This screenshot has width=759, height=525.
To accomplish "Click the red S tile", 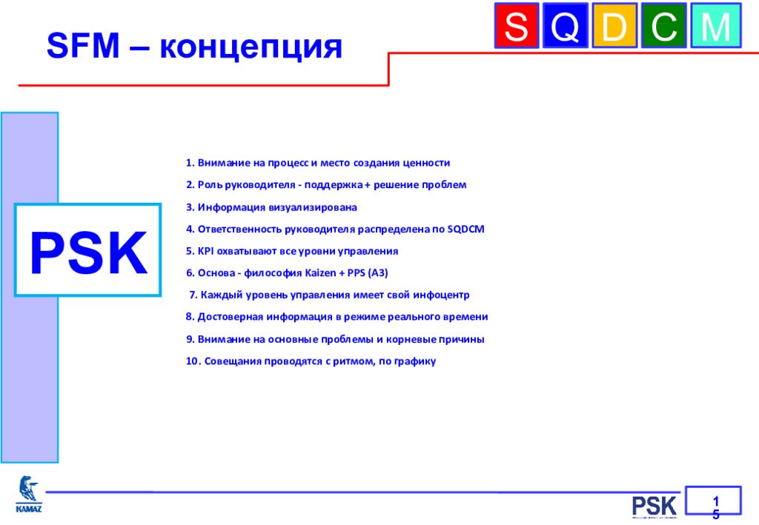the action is tap(517, 26).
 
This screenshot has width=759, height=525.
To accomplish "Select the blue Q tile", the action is tap(566, 26).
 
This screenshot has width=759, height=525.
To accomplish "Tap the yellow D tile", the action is tap(614, 26).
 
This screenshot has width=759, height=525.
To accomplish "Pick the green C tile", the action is tap(663, 26).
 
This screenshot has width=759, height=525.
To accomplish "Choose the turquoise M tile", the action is tap(716, 26).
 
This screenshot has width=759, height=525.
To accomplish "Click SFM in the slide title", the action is tap(83, 46).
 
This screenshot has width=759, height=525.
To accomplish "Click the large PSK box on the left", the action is tap(87, 250).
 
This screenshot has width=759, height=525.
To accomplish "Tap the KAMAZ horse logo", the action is tap(29, 494).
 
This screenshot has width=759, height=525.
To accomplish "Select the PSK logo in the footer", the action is tap(654, 506).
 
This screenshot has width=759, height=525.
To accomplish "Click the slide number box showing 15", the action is tap(713, 501).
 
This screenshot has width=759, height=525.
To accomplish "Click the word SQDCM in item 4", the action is tap(465, 229).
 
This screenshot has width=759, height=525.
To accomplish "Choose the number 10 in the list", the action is tap(193, 361).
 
